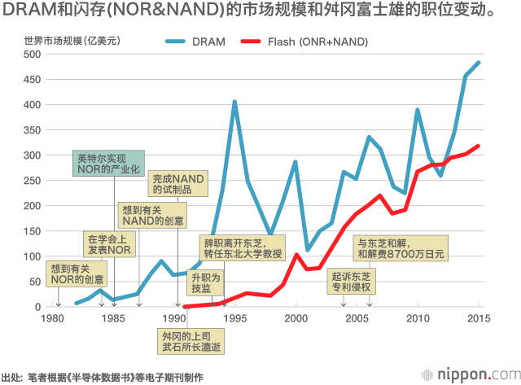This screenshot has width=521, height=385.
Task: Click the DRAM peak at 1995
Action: (x=234, y=102)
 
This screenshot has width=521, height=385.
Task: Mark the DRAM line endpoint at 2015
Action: (x=479, y=63)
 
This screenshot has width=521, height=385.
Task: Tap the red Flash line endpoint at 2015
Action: (x=479, y=147)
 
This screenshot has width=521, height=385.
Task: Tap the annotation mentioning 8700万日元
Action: (x=401, y=248)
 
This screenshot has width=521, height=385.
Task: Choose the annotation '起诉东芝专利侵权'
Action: (x=352, y=282)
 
